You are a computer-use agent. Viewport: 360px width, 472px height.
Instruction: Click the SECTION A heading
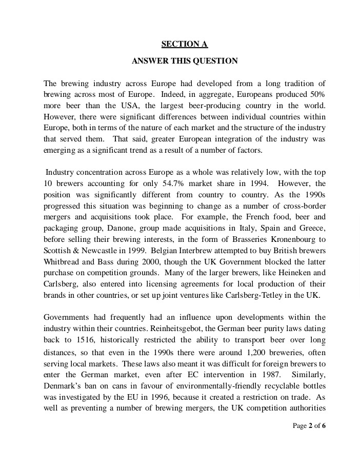[x=185, y=44]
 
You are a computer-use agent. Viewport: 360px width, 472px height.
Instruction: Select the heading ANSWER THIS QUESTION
[x=185, y=61]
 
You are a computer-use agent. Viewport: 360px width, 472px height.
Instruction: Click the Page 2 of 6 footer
[x=309, y=426]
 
